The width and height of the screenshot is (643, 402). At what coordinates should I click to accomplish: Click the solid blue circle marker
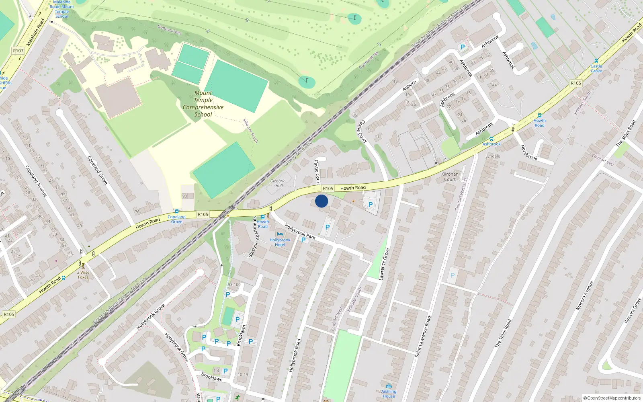click(321, 201)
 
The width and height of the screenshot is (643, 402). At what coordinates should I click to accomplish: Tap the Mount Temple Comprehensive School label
click(203, 104)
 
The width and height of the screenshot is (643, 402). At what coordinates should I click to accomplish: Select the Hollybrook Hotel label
click(280, 242)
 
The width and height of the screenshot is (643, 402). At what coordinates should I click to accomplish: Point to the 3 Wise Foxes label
click(83, 275)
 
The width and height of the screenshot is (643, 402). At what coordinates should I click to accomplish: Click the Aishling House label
click(389, 394)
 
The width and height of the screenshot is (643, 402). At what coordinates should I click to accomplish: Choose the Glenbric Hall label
click(277, 183)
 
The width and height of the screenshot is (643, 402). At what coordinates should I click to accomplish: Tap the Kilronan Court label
click(450, 177)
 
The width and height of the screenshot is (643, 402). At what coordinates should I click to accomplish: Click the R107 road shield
click(18, 51)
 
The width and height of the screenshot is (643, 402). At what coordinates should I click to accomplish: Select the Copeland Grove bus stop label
click(176, 219)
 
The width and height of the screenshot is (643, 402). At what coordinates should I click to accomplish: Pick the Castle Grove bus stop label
click(596, 68)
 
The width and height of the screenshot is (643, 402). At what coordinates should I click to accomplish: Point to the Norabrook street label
click(529, 152)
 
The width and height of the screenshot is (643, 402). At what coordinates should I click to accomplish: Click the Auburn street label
click(410, 85)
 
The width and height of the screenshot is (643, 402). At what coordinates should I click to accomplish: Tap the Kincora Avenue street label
click(585, 295)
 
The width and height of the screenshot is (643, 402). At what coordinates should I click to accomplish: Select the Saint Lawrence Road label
click(423, 336)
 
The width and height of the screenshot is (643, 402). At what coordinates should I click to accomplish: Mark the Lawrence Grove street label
click(384, 264)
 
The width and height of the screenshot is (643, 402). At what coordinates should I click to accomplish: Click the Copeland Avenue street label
click(36, 181)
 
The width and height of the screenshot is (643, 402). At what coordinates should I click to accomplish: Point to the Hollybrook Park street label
click(300, 232)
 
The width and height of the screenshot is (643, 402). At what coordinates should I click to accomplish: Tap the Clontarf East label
click(603, 160)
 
